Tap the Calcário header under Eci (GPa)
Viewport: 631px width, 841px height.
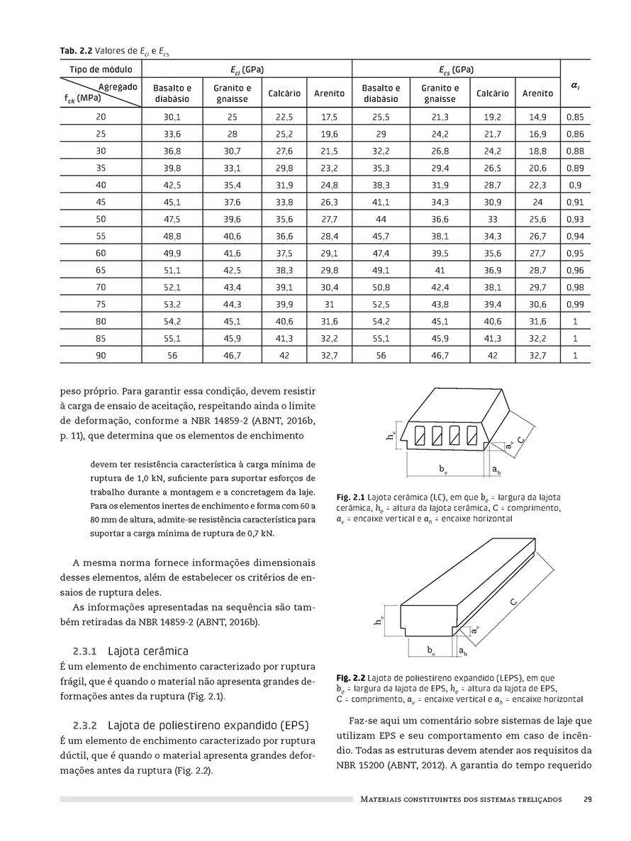coord(284,94)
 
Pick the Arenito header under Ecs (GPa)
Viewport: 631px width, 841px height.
coord(538,94)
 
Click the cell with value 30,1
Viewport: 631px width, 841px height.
coord(172,117)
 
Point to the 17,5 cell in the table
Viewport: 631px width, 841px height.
coord(329,117)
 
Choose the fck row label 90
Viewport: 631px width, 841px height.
coord(101,356)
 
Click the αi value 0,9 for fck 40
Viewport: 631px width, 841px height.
coord(575,185)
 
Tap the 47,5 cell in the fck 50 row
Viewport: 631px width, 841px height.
coord(172,219)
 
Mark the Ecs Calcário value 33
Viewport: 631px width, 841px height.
coord(493,219)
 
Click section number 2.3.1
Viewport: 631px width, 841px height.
coord(89,650)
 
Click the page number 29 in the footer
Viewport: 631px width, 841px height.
coord(588,799)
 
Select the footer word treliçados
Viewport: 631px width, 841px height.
coord(537,799)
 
